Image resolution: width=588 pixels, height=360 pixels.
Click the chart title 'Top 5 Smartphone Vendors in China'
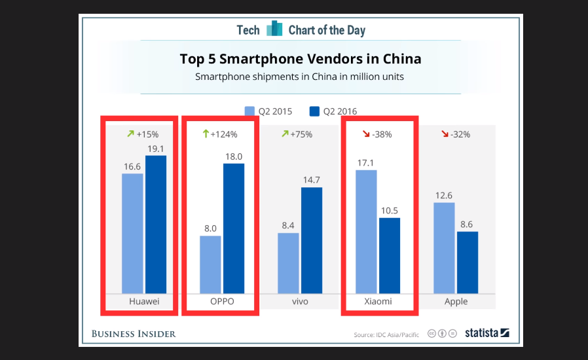(x=301, y=59)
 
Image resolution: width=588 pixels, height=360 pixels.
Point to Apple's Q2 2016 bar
(x=468, y=262)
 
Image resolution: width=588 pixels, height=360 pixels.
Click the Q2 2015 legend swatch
(x=249, y=111)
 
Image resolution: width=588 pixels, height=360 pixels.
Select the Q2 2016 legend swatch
(x=314, y=111)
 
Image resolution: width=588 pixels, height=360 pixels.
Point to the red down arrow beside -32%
(x=445, y=134)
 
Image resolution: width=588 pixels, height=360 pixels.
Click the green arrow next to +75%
(x=285, y=134)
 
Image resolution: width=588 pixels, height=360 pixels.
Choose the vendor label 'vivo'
(x=300, y=302)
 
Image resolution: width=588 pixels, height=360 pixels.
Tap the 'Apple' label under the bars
(x=456, y=302)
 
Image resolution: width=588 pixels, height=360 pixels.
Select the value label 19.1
(x=156, y=149)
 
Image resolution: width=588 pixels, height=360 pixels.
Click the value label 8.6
(x=468, y=224)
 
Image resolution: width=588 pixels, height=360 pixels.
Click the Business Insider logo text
(x=134, y=334)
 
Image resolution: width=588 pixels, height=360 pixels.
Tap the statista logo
(x=487, y=333)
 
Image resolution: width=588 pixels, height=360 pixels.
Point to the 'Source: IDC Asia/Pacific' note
(x=387, y=335)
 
